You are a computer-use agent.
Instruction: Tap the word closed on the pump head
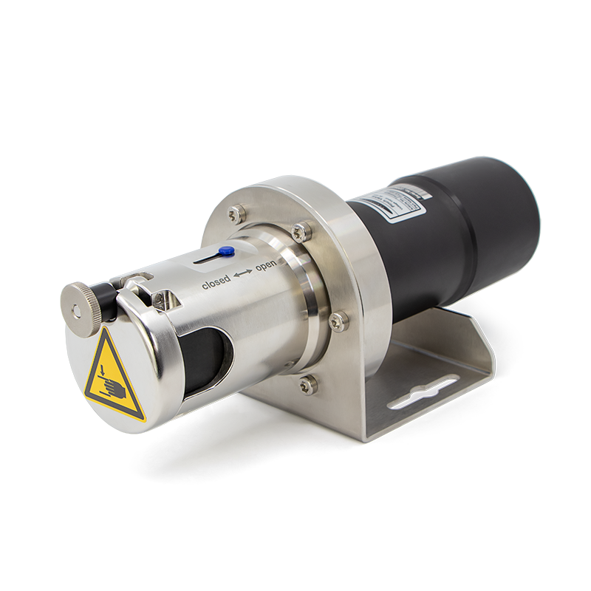[x=216, y=284]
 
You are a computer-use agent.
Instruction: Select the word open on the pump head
[x=265, y=265]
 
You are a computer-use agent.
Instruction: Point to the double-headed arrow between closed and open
[x=242, y=274]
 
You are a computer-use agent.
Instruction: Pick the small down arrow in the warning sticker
[x=107, y=362]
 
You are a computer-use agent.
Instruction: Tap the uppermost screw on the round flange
[x=236, y=213]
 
